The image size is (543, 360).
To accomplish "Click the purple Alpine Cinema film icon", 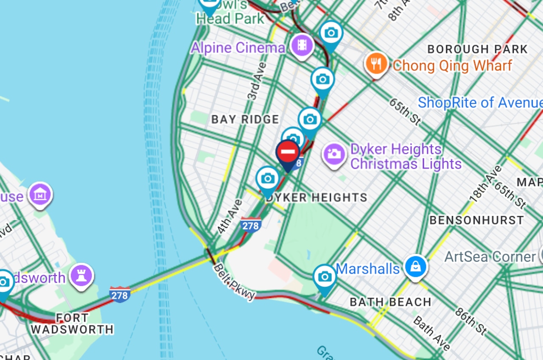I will pyautogui.click(x=302, y=45).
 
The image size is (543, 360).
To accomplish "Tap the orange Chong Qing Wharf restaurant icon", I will pyautogui.click(x=376, y=64).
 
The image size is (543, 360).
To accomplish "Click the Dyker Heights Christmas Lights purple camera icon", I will pyautogui.click(x=334, y=153).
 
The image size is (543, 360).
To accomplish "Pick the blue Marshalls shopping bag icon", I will pyautogui.click(x=415, y=267).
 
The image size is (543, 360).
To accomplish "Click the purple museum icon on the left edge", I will pyautogui.click(x=40, y=195).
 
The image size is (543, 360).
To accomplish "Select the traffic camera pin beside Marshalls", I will pyautogui.click(x=325, y=277).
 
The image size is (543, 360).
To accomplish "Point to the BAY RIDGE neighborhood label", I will pyautogui.click(x=245, y=120).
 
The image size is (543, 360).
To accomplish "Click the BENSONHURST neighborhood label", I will pyautogui.click(x=476, y=220).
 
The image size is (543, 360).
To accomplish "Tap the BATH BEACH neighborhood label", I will pyautogui.click(x=390, y=302).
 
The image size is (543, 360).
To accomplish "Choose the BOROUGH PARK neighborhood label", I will pyautogui.click(x=477, y=49).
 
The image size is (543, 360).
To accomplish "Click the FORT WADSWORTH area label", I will pyautogui.click(x=72, y=324).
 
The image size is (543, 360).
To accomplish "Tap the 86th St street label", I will pyautogui.click(x=470, y=321).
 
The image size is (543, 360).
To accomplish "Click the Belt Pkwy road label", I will pyautogui.click(x=234, y=282).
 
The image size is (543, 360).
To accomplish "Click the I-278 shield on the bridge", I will pyautogui.click(x=120, y=294).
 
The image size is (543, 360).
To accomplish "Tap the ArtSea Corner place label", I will pyautogui.click(x=490, y=257).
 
